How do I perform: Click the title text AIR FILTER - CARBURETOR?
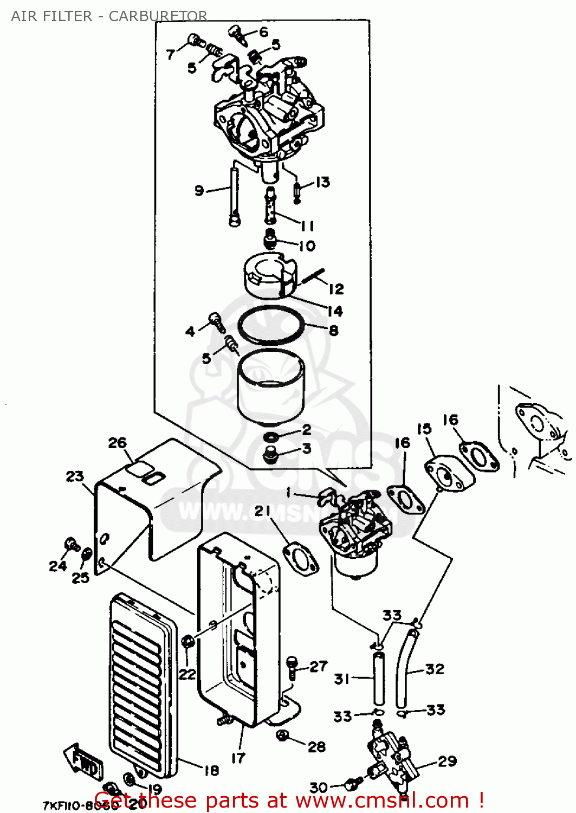(108, 16)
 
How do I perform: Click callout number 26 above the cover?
(117, 443)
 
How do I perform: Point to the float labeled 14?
(269, 276)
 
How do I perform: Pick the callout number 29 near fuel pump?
(447, 761)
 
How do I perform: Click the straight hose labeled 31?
(378, 677)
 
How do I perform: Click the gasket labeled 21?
(301, 559)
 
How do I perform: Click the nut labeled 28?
(282, 735)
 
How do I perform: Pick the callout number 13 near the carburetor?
(322, 182)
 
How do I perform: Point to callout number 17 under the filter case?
(238, 757)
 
